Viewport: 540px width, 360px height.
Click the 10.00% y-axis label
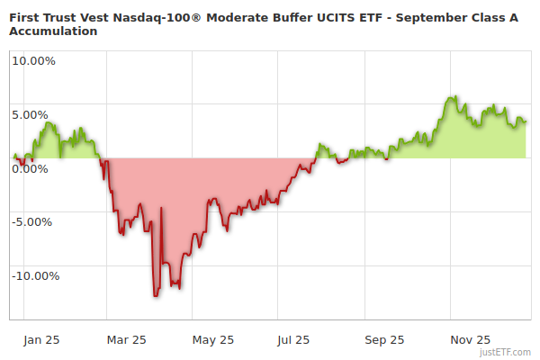pos(33,61)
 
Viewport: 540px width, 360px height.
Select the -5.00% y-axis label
pos(34,222)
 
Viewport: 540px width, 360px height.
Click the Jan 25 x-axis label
pos(41,340)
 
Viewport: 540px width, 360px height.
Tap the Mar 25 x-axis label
pos(126,340)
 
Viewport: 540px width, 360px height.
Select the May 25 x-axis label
pos(212,340)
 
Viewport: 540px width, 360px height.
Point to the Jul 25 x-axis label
pos(292,340)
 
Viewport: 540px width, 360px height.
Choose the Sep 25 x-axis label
pos(384,340)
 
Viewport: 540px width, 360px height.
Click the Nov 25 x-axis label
pos(471,340)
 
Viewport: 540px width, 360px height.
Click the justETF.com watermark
pos(506,352)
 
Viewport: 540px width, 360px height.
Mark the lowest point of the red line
pos(156,295)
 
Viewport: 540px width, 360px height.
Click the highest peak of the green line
pos(454,96)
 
